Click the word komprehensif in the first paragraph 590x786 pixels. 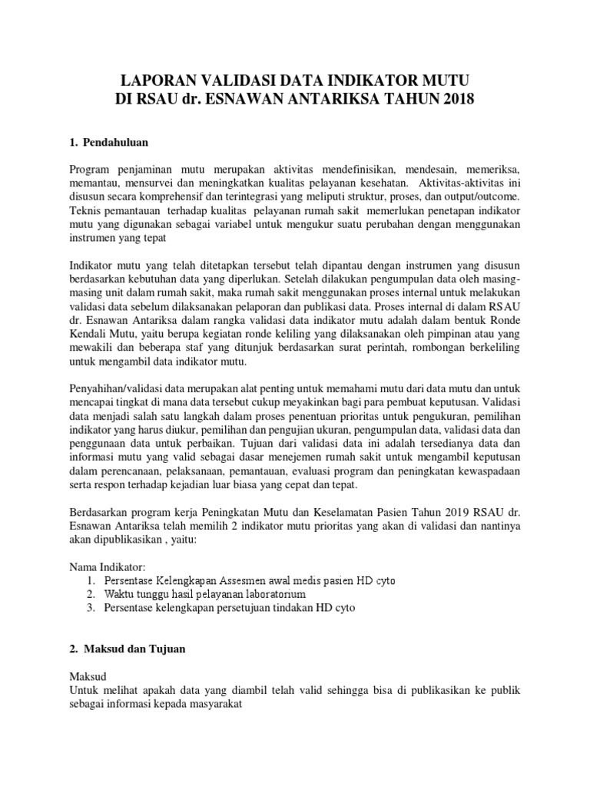coord(174,196)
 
